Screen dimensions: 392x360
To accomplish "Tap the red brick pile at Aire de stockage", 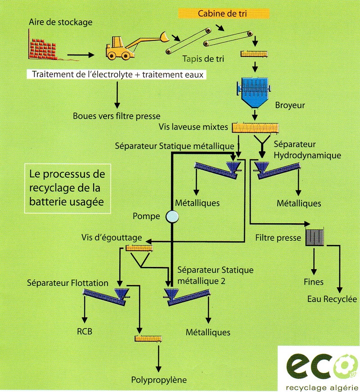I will click(x=45, y=45).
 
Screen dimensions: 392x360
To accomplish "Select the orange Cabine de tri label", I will click(x=223, y=14).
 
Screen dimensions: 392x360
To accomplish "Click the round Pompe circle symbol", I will click(x=171, y=217).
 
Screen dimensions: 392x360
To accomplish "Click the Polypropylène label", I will click(x=158, y=379).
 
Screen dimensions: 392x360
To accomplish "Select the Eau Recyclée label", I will click(x=332, y=299).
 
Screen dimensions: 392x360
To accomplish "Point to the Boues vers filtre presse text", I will click(x=117, y=116).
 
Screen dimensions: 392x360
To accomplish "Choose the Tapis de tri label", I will click(x=203, y=59).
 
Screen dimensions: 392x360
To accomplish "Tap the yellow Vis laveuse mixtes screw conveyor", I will click(x=255, y=127).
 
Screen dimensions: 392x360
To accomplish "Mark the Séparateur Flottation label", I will click(x=67, y=283).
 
